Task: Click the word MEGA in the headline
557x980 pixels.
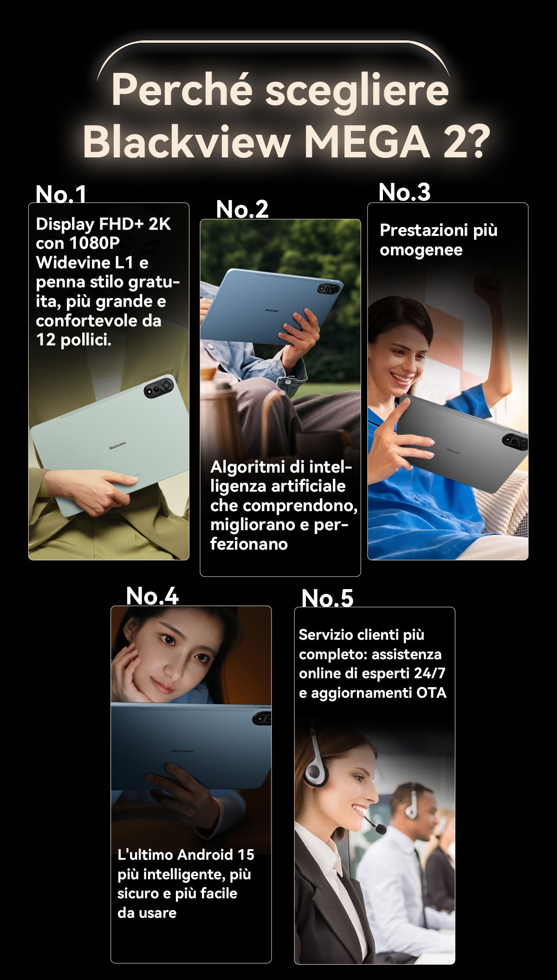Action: click(366, 142)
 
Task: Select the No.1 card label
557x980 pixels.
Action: click(61, 194)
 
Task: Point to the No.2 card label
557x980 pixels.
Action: click(242, 209)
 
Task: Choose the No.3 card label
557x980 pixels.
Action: click(404, 192)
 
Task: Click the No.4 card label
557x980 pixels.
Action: click(152, 596)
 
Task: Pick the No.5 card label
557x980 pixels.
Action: click(327, 598)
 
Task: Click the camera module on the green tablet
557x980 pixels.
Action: click(159, 388)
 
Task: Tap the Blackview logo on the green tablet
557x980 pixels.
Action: click(117, 446)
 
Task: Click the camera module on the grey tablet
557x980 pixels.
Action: click(515, 441)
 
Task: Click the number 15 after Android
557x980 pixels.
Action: click(246, 855)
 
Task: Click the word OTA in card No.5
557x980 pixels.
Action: click(431, 693)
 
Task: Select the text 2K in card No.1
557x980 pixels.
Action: click(160, 224)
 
